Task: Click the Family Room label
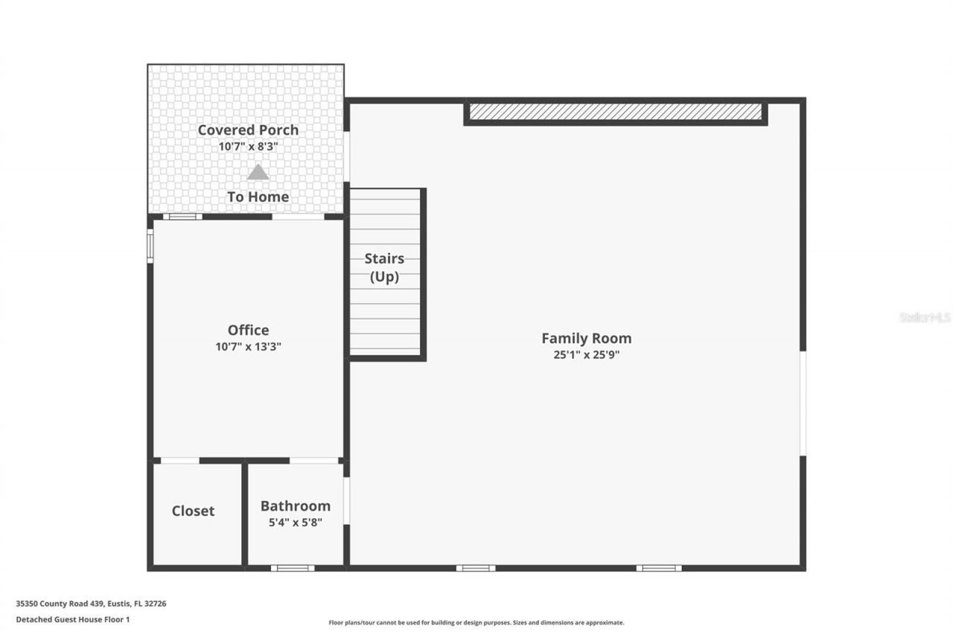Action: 586,338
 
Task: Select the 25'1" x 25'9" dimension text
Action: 586,355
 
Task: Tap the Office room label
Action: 248,330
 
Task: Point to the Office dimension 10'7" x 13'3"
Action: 248,346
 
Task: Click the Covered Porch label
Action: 248,130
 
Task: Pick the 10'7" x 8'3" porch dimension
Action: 248,147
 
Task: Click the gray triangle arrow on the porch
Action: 258,173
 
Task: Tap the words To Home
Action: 258,197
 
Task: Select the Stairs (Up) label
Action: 384,267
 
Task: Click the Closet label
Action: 193,511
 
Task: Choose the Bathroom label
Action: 295,505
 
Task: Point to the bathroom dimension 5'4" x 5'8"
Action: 295,523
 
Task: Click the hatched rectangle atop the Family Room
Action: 615,112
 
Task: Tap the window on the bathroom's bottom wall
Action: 292,568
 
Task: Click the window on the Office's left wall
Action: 150,246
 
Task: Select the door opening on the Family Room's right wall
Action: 803,403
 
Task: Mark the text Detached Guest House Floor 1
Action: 73,619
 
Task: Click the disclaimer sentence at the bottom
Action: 476,622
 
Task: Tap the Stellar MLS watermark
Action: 925,317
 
